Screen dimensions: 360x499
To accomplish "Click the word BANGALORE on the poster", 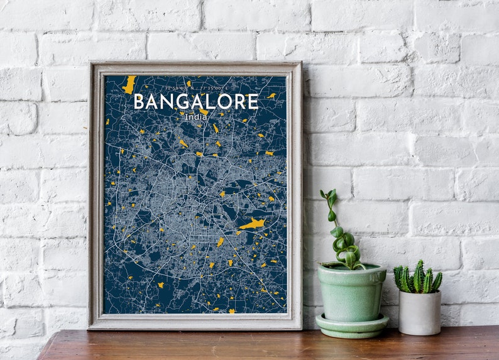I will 195,102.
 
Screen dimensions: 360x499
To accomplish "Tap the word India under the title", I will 195,117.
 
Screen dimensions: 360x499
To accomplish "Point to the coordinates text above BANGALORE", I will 195,89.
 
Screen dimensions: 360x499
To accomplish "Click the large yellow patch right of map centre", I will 253,224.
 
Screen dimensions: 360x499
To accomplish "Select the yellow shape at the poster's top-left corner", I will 129,84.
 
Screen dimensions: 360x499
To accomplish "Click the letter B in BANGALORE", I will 140,102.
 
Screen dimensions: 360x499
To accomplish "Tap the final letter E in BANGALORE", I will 253,102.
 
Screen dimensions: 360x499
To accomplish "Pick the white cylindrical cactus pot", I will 419,312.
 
